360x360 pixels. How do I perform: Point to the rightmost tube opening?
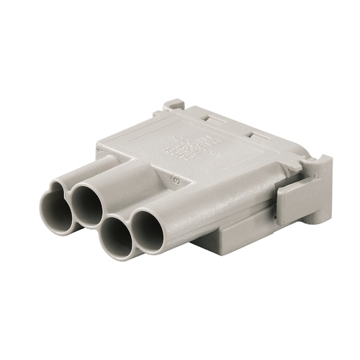(x=149, y=232)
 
